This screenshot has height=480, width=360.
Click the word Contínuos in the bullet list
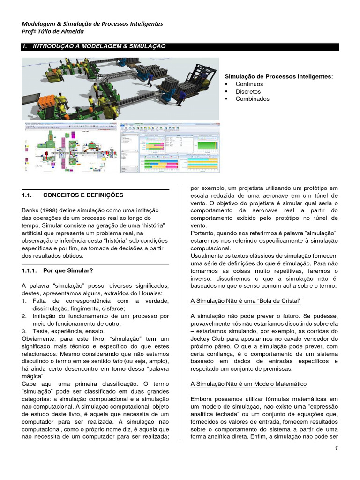[x=248, y=84]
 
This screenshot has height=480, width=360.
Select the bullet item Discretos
[x=248, y=91]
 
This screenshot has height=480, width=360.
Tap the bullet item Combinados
[x=252, y=99]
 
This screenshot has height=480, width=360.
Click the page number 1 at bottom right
[x=336, y=448]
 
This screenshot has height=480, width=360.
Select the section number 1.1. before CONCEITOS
[x=29, y=195]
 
